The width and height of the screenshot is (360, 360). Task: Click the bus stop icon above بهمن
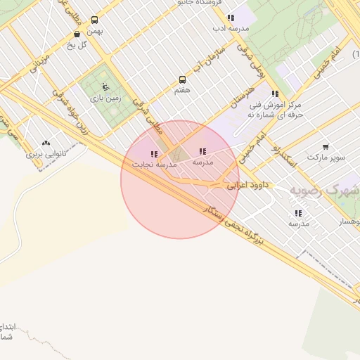pos(95,20)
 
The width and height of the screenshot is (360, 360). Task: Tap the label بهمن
pos(95,31)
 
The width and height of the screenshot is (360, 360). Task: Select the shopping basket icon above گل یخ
pos(77,34)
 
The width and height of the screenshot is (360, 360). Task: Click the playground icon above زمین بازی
pos(105,86)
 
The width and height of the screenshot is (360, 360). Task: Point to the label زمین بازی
pos(105,98)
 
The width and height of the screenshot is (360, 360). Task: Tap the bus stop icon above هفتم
pos(183,79)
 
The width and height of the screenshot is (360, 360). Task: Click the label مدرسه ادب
pos(231,29)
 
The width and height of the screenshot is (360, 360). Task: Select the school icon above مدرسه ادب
pos(231,18)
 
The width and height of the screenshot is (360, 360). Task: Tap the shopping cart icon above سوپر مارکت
pos(326,147)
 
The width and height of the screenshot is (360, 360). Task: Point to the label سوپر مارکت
pos(329,157)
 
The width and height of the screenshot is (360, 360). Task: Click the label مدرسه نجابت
pos(153,164)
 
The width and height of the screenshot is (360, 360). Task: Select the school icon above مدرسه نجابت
pos(154,153)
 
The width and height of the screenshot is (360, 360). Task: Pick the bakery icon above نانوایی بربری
pos(46,143)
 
